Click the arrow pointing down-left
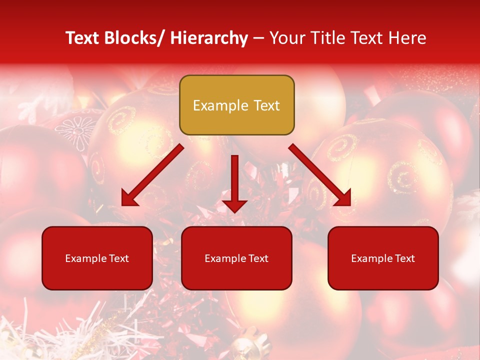coord(152,175)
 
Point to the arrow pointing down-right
coord(320,175)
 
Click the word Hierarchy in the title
coord(209,38)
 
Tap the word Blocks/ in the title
coord(134,38)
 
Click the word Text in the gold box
coord(266,106)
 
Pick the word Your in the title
coord(286,38)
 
